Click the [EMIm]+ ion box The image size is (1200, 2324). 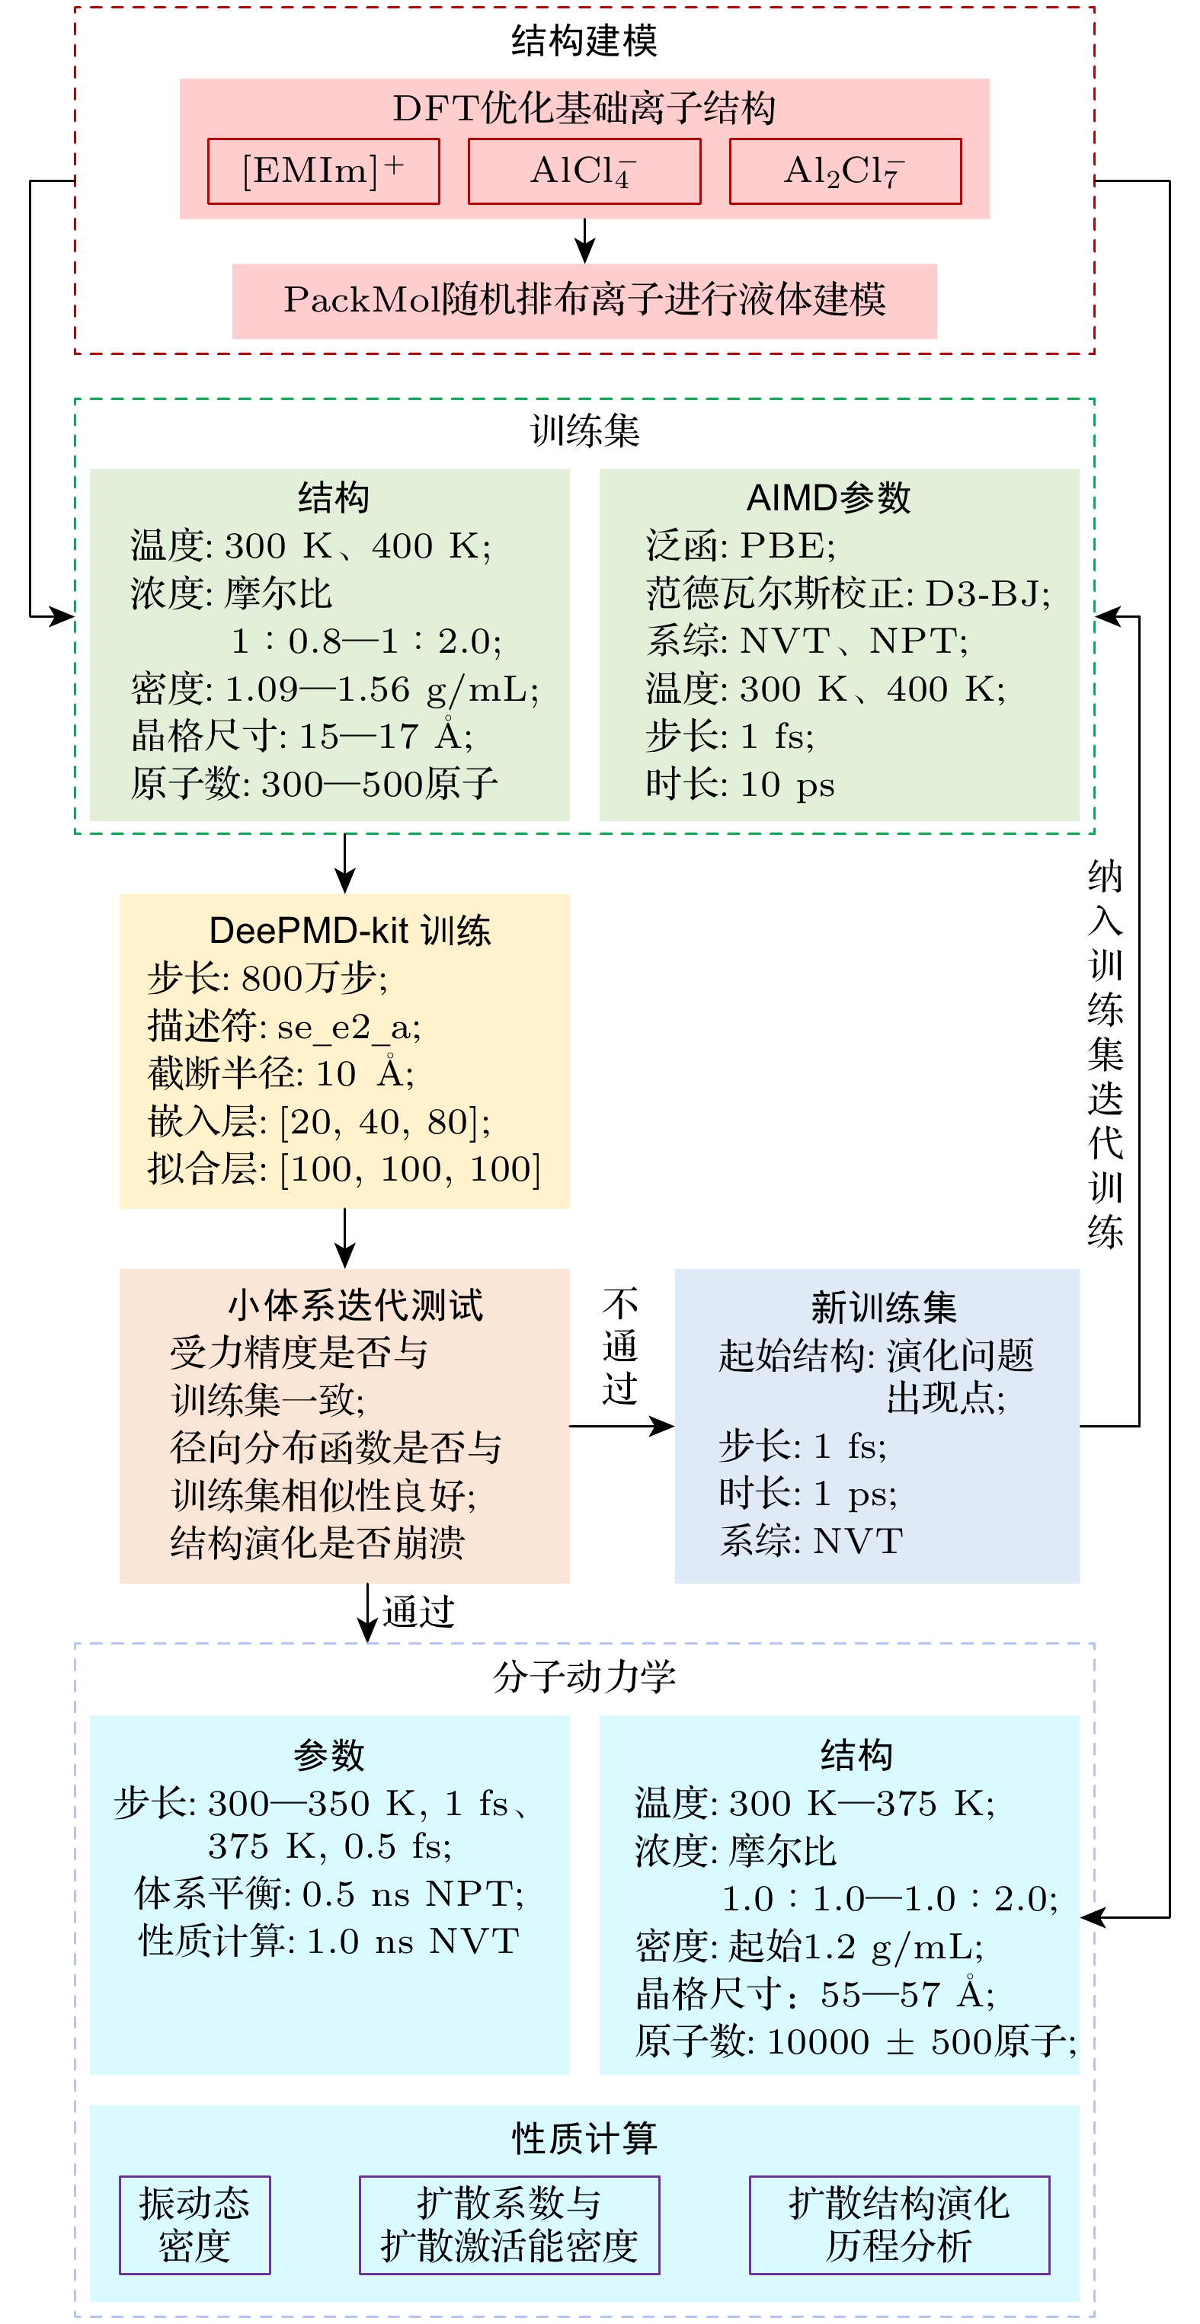point(324,171)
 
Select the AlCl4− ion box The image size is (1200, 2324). point(584,171)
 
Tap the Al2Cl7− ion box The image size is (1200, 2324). point(846,171)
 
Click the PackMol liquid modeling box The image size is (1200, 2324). point(584,302)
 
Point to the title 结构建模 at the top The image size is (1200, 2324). point(584,41)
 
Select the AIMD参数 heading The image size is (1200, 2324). point(828,498)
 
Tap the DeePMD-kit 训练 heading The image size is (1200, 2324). point(350,930)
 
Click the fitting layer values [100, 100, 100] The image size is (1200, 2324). point(411,1170)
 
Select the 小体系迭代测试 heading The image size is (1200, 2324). point(356,1306)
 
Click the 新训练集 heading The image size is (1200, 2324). point(883,1307)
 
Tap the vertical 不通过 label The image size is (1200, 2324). point(621,1346)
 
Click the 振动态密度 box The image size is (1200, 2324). point(195,2225)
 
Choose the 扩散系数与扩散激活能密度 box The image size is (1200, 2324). point(510,2225)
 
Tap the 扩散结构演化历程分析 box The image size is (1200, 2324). point(900,2225)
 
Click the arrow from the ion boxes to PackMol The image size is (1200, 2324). point(584,241)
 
